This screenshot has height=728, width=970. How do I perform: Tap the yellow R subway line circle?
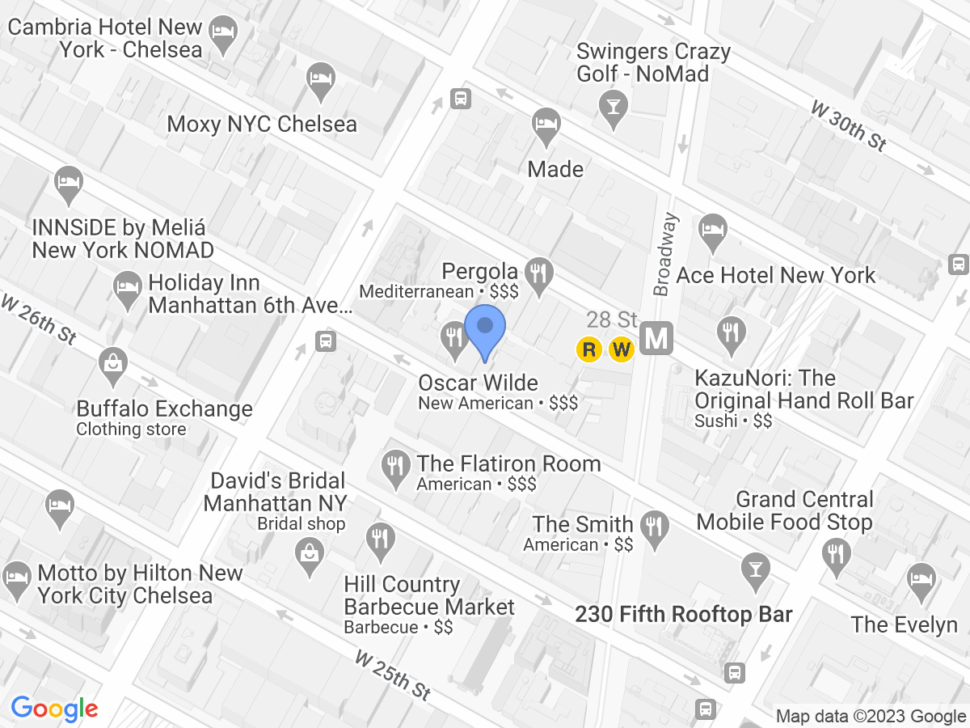click(x=590, y=349)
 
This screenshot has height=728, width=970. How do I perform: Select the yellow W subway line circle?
click(x=621, y=349)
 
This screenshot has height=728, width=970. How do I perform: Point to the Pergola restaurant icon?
click(x=538, y=272)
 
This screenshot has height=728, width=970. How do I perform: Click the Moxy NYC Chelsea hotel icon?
click(x=321, y=81)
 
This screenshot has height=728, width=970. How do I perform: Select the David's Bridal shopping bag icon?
click(x=309, y=555)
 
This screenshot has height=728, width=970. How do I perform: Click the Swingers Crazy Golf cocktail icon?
click(x=614, y=105)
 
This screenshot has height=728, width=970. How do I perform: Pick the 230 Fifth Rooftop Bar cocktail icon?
click(x=756, y=567)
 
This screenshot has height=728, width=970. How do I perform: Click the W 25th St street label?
click(x=392, y=676)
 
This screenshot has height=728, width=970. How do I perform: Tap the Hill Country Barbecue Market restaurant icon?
click(x=379, y=538)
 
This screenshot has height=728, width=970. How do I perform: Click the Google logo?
click(x=55, y=709)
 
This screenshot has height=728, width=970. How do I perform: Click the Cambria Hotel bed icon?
click(x=221, y=33)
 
